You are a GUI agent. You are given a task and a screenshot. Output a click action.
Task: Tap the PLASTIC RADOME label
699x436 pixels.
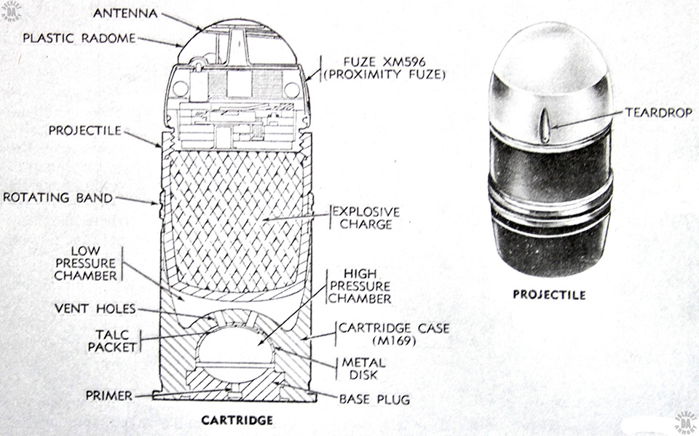click(79, 38)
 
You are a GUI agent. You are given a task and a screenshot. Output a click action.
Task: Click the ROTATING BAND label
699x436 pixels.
click(58, 197)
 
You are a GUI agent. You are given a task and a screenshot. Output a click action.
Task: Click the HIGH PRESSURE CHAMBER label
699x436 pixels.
click(360, 285)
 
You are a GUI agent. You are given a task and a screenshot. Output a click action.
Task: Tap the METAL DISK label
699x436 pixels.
click(360, 369)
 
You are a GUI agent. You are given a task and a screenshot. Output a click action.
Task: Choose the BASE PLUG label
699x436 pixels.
click(375, 399)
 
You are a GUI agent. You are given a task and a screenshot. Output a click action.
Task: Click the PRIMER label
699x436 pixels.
click(108, 396)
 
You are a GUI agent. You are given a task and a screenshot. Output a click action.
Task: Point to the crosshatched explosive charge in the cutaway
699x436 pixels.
click(234, 218)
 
